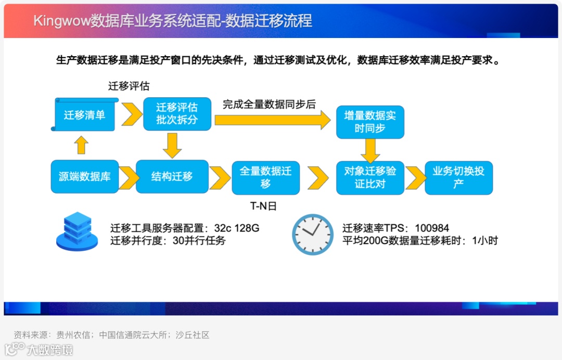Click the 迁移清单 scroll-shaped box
click(84, 114)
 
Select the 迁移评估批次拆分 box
click(177, 113)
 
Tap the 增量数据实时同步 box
click(370, 122)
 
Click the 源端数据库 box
click(84, 176)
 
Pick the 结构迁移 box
click(172, 176)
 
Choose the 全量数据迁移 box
click(265, 177)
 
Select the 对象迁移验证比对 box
click(370, 177)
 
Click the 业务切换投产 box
click(458, 177)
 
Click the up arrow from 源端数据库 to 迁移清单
click(81, 145)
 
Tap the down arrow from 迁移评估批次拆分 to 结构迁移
click(172, 145)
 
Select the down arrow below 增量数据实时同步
click(370, 151)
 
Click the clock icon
click(312, 234)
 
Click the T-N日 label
click(263, 206)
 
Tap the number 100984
click(432, 228)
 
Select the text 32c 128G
click(237, 228)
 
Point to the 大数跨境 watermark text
click(50, 350)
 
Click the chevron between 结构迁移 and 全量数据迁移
click(220, 178)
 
